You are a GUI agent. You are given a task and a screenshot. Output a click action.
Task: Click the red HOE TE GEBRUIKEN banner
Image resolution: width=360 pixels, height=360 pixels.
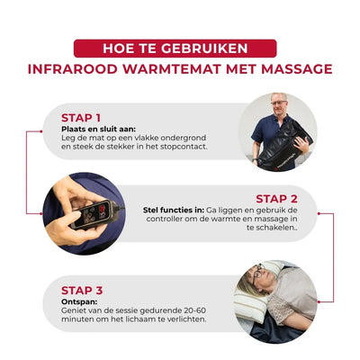tap(175, 49)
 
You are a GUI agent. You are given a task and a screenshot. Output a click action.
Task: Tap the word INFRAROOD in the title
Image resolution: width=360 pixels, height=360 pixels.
tap(72, 69)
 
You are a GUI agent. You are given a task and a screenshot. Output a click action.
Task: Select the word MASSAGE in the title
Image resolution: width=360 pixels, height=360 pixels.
tap(297, 69)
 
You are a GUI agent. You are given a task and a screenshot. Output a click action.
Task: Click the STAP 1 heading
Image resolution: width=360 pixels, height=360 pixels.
tap(81, 118)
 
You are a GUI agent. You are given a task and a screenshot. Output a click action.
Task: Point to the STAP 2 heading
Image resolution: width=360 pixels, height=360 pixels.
tap(276, 199)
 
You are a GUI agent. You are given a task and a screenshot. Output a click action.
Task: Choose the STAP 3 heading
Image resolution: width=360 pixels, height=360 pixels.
tap(82, 291)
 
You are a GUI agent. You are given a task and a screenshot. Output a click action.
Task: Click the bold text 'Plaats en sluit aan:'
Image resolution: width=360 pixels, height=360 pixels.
tap(98, 129)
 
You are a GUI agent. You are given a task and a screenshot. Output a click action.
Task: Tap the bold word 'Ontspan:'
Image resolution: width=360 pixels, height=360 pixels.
tap(79, 301)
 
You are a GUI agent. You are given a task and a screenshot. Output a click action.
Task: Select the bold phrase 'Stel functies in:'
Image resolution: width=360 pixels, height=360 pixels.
tap(174, 210)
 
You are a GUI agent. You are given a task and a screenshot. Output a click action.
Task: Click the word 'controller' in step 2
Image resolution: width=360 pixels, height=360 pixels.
tap(166, 219)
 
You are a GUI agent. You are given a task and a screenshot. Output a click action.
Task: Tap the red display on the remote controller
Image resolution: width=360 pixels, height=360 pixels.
tap(103, 208)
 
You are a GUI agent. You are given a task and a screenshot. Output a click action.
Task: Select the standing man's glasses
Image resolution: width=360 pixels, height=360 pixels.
tap(279, 103)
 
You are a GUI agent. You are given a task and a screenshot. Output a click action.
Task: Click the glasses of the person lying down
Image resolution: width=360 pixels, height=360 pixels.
tap(257, 274)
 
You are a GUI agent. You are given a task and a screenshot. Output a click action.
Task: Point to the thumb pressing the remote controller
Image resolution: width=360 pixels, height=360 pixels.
tap(72, 218)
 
